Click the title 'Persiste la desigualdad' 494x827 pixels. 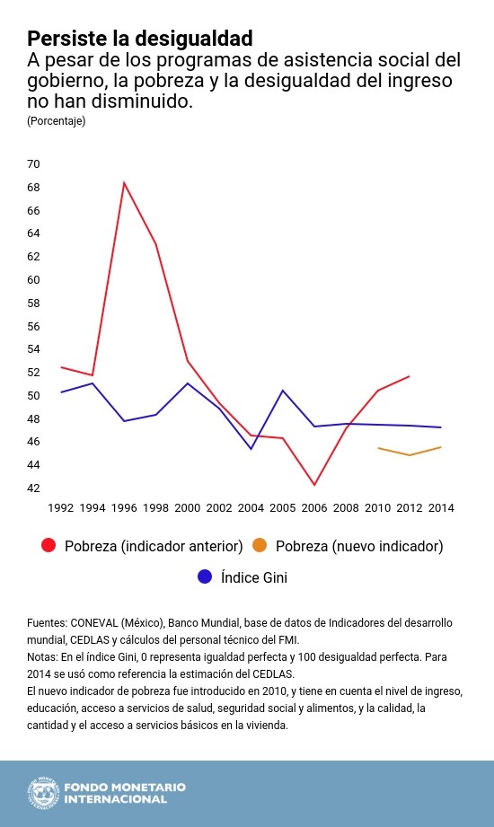click(x=139, y=39)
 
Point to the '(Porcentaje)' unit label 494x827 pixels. click(x=57, y=121)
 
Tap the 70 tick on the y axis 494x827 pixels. click(x=34, y=164)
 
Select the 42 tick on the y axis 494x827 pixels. click(x=34, y=488)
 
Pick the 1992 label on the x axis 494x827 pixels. click(x=60, y=508)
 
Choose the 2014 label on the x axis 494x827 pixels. click(x=440, y=508)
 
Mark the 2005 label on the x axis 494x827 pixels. click(x=282, y=508)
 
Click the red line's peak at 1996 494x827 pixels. click(x=124, y=182)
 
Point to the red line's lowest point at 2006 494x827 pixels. click(x=314, y=485)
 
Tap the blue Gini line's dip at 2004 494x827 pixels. click(x=251, y=448)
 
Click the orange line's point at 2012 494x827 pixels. click(x=410, y=455)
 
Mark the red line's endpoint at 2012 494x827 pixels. click(x=410, y=376)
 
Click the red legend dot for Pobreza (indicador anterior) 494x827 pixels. click(x=49, y=546)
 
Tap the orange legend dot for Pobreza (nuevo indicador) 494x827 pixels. click(x=260, y=546)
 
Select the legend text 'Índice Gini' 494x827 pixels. click(x=254, y=577)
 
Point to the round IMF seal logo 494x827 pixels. click(x=41, y=792)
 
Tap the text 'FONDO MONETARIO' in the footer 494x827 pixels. click(x=124, y=787)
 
